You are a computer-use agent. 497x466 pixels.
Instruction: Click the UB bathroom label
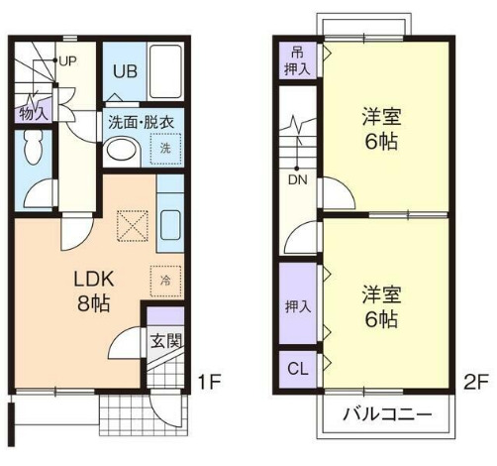pyautogui.click(x=124, y=70)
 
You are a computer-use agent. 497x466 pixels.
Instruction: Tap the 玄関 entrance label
pyautogui.click(x=164, y=343)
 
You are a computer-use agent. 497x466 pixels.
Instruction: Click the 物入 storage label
pyautogui.click(x=33, y=112)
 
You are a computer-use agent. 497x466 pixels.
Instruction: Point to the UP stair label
pyautogui.click(x=67, y=60)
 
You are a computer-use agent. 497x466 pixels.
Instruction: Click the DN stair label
pyautogui.click(x=298, y=181)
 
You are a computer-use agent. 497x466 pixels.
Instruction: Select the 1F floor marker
pyautogui.click(x=207, y=381)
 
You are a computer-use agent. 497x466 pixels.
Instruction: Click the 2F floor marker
pyautogui.click(x=477, y=381)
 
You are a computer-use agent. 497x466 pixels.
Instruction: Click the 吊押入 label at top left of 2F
pyautogui.click(x=297, y=60)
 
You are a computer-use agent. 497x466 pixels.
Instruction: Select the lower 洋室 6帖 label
pyautogui.click(x=380, y=306)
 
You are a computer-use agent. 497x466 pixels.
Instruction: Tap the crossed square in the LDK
pyautogui.click(x=132, y=227)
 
